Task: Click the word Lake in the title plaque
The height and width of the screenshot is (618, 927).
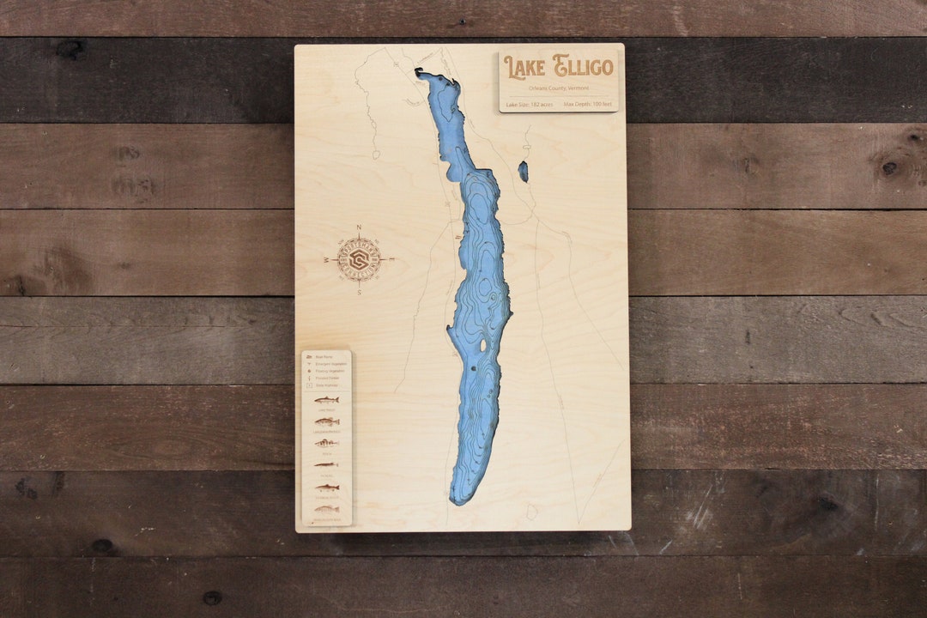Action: point(524,67)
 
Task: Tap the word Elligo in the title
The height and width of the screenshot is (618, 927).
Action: point(584,66)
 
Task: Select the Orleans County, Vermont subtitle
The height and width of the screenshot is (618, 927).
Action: point(559,88)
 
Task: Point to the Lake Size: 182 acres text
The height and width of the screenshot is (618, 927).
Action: point(529,104)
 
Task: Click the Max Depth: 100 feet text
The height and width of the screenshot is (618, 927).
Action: point(588,104)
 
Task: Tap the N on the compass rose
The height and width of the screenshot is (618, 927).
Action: point(359,227)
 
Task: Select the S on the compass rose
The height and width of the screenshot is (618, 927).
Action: point(359,292)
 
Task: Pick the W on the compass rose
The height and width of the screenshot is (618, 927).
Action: point(326,259)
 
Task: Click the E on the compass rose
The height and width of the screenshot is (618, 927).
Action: point(392,259)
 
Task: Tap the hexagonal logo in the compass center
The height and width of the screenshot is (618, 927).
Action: point(359,259)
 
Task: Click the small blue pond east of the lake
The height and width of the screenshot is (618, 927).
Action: point(523,172)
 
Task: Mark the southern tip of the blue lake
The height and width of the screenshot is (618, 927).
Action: point(459,500)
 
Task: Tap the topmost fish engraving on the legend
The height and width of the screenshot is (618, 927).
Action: point(326,400)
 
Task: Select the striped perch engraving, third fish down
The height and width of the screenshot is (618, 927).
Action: point(326,443)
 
